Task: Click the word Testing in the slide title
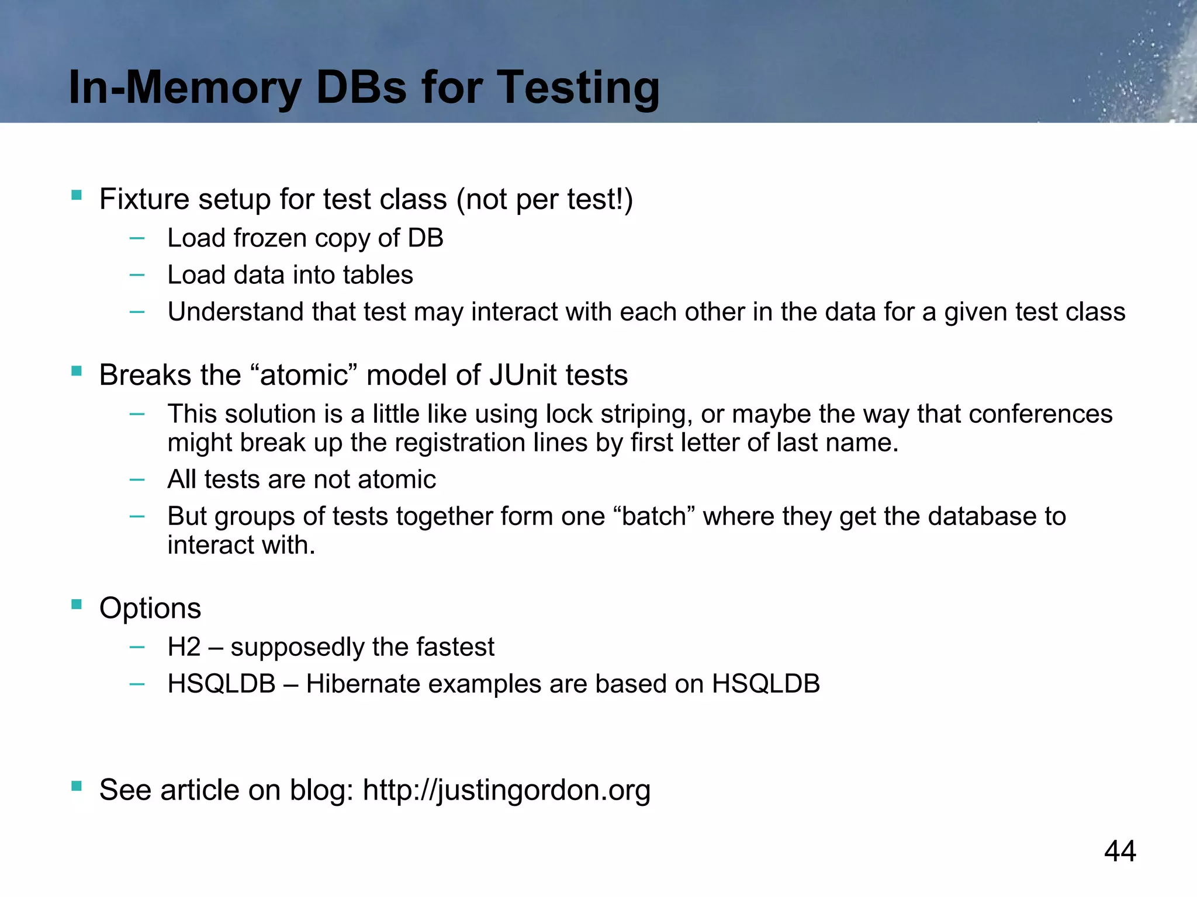(578, 88)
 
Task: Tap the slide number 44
(1120, 851)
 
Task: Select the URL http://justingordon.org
(506, 790)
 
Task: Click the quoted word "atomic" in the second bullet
(303, 375)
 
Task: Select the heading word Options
(150, 609)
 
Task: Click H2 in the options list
(184, 647)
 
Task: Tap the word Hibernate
(363, 684)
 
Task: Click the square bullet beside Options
(77, 604)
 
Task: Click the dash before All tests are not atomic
(137, 479)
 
